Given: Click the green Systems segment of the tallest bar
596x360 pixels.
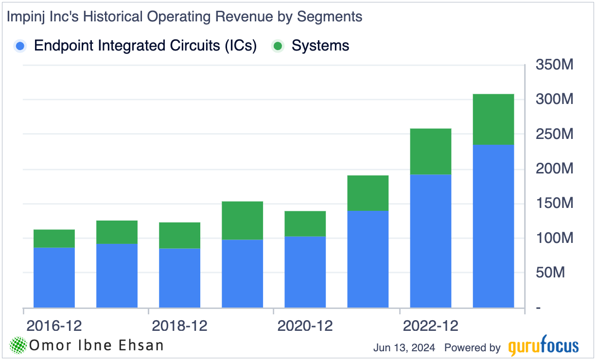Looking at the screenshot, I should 493,119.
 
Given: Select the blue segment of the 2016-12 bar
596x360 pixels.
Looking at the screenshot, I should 54,277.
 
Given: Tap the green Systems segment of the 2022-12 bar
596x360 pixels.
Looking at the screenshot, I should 430,152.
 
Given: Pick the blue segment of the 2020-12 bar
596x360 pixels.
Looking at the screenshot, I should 305,272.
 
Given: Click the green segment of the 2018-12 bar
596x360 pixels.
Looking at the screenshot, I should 179,236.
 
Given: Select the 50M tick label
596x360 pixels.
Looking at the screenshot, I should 550,273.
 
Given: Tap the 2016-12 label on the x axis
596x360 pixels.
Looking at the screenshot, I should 54,326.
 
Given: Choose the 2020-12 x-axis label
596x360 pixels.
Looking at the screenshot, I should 305,326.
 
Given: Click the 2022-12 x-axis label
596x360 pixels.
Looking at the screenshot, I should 430,326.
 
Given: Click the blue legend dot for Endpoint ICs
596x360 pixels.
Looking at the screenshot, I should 20,46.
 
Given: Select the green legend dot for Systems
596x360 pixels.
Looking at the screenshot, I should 278,46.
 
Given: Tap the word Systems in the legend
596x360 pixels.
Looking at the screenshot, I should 320,46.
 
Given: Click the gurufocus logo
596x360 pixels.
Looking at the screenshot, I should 543,347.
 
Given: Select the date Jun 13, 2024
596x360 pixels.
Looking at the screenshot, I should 404,348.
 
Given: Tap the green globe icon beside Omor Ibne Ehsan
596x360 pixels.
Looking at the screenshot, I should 18,345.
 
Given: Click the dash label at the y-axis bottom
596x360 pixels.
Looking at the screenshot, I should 539,308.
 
